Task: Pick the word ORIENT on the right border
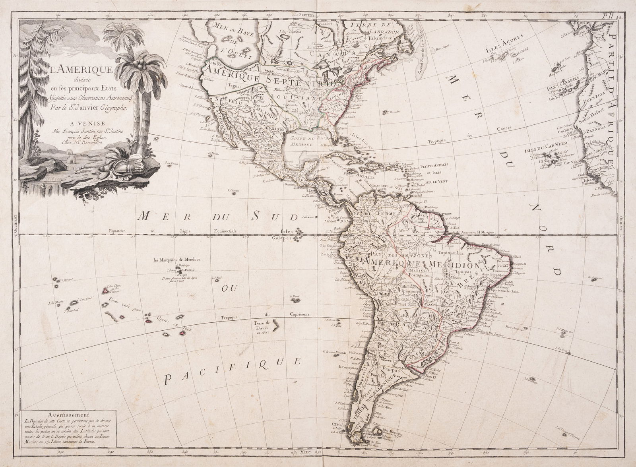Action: pyautogui.click(x=621, y=225)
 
